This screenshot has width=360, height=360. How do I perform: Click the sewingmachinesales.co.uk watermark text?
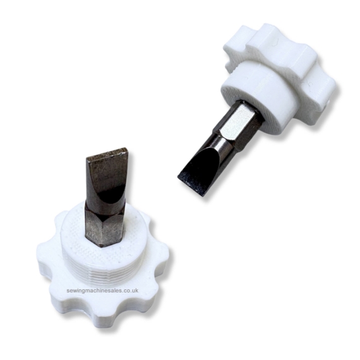[x=102, y=291]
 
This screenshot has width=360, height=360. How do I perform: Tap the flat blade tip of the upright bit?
[x=107, y=152]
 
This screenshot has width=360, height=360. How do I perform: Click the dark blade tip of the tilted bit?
[x=192, y=183]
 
